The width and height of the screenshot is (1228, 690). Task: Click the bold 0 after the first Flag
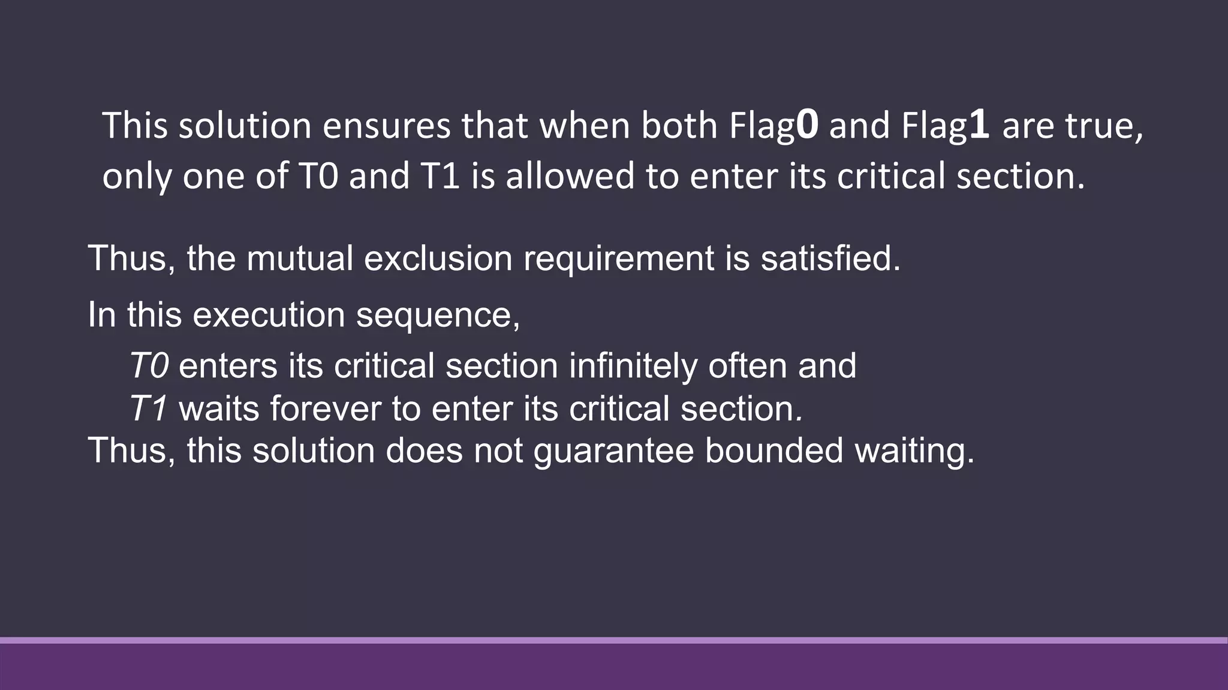807,126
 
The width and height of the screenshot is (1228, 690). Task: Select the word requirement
618,259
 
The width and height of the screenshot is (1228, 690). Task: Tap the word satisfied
830,259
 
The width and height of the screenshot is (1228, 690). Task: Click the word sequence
438,315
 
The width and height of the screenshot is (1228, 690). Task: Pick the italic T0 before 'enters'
149,366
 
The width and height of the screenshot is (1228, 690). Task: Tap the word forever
326,409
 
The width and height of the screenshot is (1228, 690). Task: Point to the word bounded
774,451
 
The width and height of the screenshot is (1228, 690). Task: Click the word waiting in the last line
914,451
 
